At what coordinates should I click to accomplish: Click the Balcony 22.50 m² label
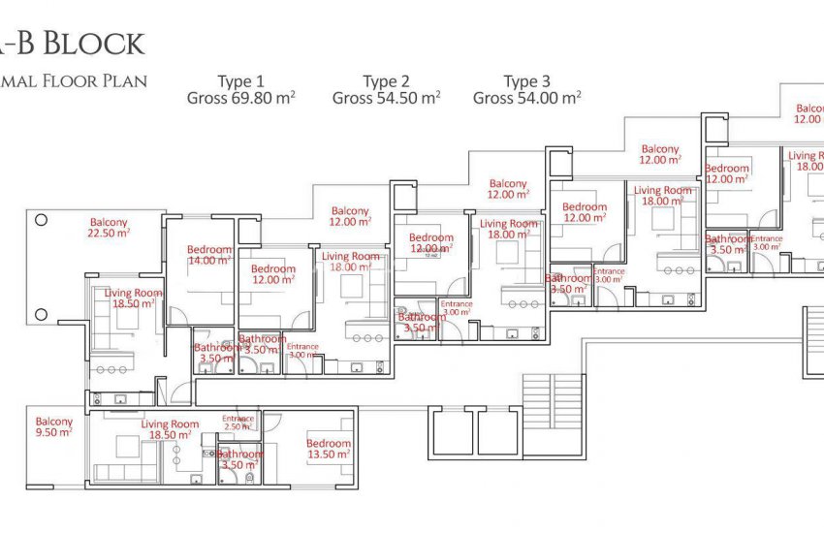pos(110,228)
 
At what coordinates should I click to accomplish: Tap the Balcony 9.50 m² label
pos(54,427)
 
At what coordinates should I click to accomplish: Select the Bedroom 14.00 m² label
pos(210,255)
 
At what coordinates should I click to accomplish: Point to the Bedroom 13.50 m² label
pos(329,449)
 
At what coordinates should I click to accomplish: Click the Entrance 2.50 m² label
pos(238,423)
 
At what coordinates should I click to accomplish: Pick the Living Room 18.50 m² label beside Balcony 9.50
pos(170,430)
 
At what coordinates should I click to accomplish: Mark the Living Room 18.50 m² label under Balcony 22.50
pos(134,298)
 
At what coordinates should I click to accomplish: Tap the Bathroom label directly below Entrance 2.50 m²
pos(239,459)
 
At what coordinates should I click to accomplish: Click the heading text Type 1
pos(240,81)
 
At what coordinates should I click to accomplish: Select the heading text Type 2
pos(386,81)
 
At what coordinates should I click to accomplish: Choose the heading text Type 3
pos(526,81)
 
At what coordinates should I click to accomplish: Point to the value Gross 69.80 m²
pos(240,98)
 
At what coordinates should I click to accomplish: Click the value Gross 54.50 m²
pos(386,98)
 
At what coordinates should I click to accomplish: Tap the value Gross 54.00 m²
pos(526,98)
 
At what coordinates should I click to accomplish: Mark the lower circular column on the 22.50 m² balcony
pos(41,312)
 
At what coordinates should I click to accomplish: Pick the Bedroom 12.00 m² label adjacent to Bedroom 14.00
pos(273,274)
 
